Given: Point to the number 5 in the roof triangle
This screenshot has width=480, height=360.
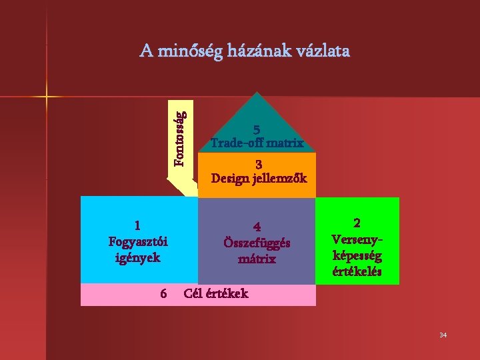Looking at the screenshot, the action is click(x=257, y=131).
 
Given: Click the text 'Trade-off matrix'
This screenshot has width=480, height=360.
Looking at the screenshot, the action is click(x=257, y=143).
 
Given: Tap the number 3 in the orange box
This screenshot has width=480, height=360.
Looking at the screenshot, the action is click(x=259, y=165).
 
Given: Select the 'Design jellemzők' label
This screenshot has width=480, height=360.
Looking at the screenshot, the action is click(x=259, y=178).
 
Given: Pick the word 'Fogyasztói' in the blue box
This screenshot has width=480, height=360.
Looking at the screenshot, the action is click(x=138, y=241).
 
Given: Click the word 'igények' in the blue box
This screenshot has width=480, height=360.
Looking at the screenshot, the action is click(x=138, y=257).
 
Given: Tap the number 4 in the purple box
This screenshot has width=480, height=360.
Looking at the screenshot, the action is click(x=257, y=227).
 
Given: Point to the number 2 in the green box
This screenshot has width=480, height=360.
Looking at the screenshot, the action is click(x=357, y=223).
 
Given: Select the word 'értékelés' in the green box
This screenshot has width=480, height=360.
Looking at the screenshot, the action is click(x=357, y=271).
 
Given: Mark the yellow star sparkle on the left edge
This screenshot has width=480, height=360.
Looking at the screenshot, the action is click(x=47, y=97).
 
